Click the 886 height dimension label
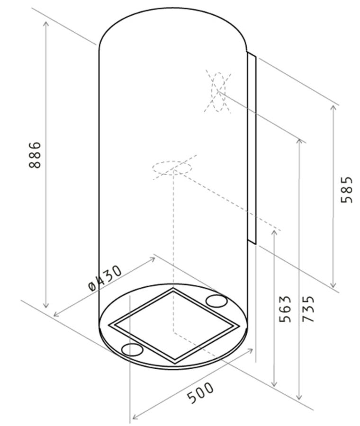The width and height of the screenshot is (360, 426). coord(35,155)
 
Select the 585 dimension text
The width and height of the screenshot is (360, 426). coord(347,190)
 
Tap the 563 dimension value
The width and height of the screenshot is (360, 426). coord(285,309)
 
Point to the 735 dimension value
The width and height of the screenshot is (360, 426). coord(308,309)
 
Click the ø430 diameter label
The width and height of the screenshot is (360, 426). coord(105,278)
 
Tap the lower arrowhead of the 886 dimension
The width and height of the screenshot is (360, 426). coord(46,305)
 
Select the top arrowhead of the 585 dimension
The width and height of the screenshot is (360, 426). coord(333,108)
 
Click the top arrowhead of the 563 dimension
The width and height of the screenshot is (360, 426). coord(274,233)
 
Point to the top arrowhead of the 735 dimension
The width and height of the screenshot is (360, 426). coord(299,142)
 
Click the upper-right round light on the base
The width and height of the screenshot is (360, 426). coord(216,301)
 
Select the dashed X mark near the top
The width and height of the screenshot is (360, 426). coord(218,91)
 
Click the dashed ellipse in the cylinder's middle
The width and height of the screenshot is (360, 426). coord(172,168)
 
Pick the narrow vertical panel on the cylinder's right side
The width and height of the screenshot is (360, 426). coord(252,148)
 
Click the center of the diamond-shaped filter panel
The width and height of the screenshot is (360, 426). coord(173,326)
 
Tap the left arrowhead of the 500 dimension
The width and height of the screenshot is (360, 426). coord(134,417)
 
